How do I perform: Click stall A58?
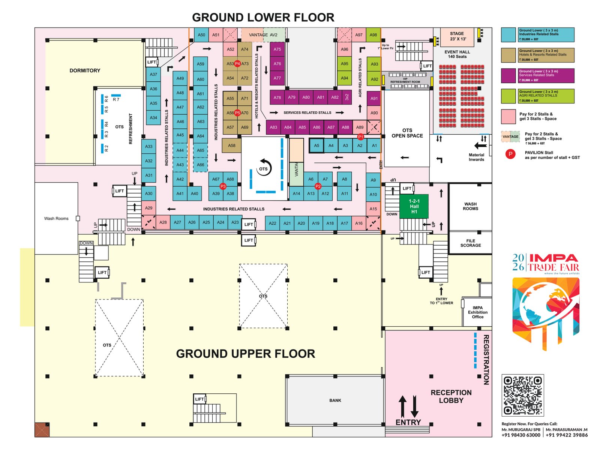click(x=231, y=145)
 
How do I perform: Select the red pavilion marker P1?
click(x=360, y=137)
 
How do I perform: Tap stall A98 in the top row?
click(x=373, y=35)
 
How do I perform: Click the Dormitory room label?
click(x=85, y=70)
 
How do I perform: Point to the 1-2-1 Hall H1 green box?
click(x=414, y=206)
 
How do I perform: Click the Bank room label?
click(x=335, y=400)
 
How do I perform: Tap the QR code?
click(x=522, y=395)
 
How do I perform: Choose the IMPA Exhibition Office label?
click(x=477, y=312)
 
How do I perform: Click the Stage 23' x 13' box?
click(x=457, y=36)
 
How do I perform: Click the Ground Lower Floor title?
click(x=263, y=18)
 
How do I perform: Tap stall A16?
click(x=359, y=223)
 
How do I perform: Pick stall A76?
click(x=277, y=64)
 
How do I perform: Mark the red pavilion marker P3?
click(x=223, y=186)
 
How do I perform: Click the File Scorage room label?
click(x=470, y=243)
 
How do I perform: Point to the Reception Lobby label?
click(x=451, y=396)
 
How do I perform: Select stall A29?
click(x=149, y=208)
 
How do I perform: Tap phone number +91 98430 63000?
click(x=521, y=435)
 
